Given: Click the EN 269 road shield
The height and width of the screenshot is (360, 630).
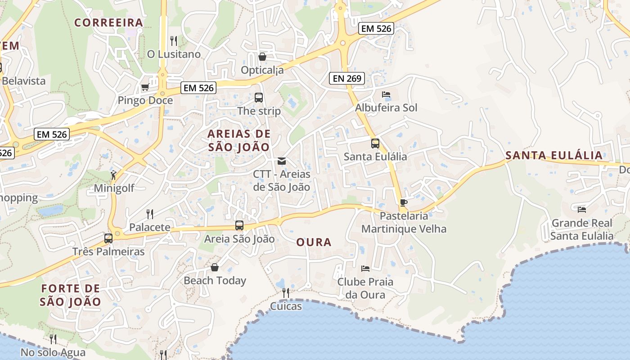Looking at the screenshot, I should tap(346, 78).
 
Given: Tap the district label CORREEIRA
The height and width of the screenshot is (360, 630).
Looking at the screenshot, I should tap(108, 22).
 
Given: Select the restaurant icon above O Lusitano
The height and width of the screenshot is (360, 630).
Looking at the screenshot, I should tap(174, 41).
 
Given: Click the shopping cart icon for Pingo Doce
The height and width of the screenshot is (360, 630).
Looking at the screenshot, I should tap(145, 87).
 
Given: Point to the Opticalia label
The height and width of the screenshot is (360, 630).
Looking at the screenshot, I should tap(262, 70).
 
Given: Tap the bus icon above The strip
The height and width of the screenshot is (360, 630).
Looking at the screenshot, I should tap(259, 98).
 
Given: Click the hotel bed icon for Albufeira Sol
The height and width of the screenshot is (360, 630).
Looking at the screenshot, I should tap(386, 94).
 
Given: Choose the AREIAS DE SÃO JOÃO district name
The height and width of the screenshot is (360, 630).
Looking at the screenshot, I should tap(239, 140).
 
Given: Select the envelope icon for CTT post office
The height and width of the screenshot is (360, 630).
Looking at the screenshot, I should tap(282, 161).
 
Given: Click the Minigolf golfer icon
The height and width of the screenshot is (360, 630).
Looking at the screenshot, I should tap(114, 175).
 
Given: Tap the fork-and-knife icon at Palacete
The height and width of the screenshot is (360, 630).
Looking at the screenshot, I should tap(150, 214).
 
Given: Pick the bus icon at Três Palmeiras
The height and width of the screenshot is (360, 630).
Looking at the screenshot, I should tap(108, 238).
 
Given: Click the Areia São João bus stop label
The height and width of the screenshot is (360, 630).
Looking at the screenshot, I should tap(239, 239).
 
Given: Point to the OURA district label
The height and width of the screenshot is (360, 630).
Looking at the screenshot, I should tap(314, 243).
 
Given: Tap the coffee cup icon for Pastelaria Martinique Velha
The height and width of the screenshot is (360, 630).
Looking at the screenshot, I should tap(404, 202).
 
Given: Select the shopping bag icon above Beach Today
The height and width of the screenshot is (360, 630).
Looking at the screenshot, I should tap(215, 267).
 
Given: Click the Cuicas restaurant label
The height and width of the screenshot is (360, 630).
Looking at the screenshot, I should tap(286, 307).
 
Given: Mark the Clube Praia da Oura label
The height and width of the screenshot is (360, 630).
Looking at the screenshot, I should tap(365, 288).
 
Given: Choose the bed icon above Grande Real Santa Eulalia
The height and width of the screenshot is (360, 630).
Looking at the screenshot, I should tap(582, 209).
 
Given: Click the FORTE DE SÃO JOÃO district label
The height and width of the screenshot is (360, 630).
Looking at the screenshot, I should tap(70, 295).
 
